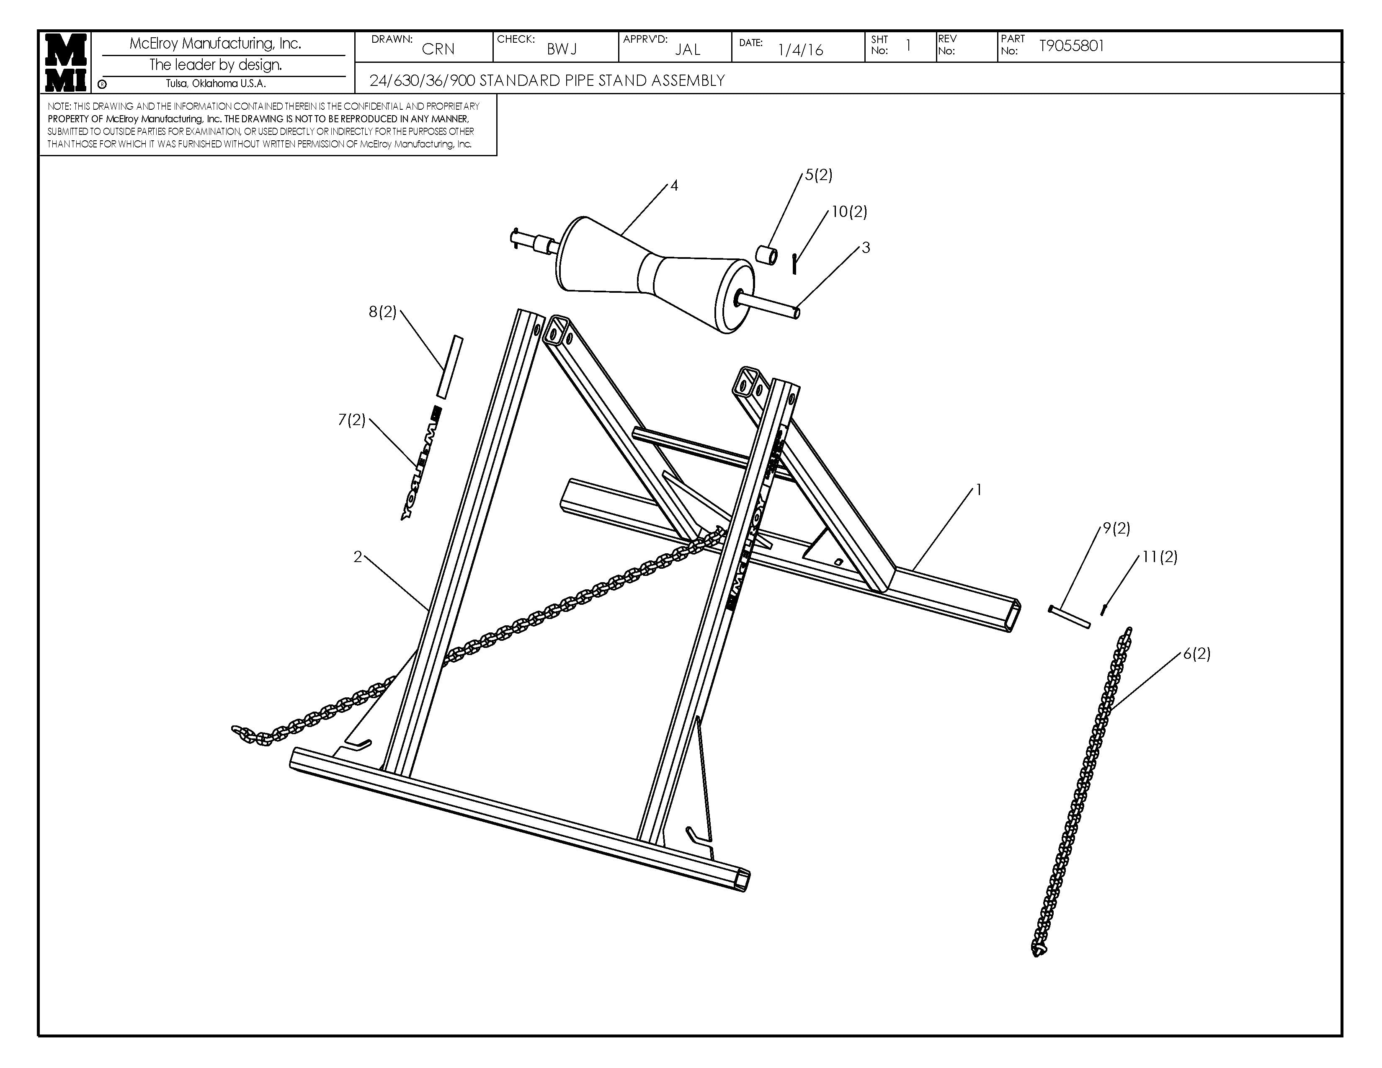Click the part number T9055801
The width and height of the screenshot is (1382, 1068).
point(1071,46)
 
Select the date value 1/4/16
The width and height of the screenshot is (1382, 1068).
point(800,50)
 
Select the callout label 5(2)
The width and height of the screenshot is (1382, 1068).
point(818,175)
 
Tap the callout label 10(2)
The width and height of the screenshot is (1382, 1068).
point(848,212)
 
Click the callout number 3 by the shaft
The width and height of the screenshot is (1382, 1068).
point(866,248)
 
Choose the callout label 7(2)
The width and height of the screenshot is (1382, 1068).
point(352,420)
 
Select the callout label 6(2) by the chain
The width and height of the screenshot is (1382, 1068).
point(1196,654)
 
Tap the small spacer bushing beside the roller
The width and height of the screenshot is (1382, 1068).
point(767,255)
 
